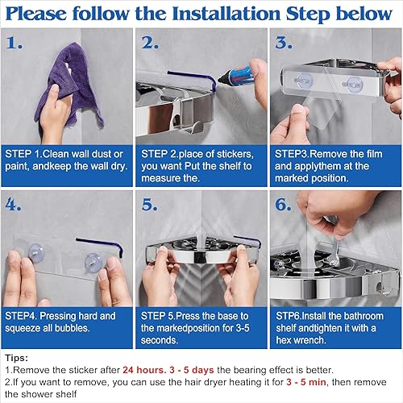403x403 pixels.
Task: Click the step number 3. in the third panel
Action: pyautogui.click(x=284, y=43)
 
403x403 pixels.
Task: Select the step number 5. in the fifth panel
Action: pyautogui.click(x=150, y=205)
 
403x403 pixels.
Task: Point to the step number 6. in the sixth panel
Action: pyautogui.click(x=283, y=205)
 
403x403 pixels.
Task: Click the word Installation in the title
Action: pyautogui.click(x=226, y=14)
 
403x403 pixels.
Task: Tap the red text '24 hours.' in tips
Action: pyautogui.click(x=144, y=370)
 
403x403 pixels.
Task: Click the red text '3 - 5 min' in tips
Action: pyautogui.click(x=306, y=382)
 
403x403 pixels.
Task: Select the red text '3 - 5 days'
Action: pyautogui.click(x=192, y=370)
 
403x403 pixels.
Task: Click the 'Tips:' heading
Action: pyautogui.click(x=16, y=358)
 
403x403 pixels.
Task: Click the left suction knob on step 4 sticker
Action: pyautogui.click(x=36, y=252)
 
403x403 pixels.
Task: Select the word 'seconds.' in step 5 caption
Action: pyautogui.click(x=160, y=340)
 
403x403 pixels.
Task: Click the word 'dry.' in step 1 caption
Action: pyautogui.click(x=119, y=167)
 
